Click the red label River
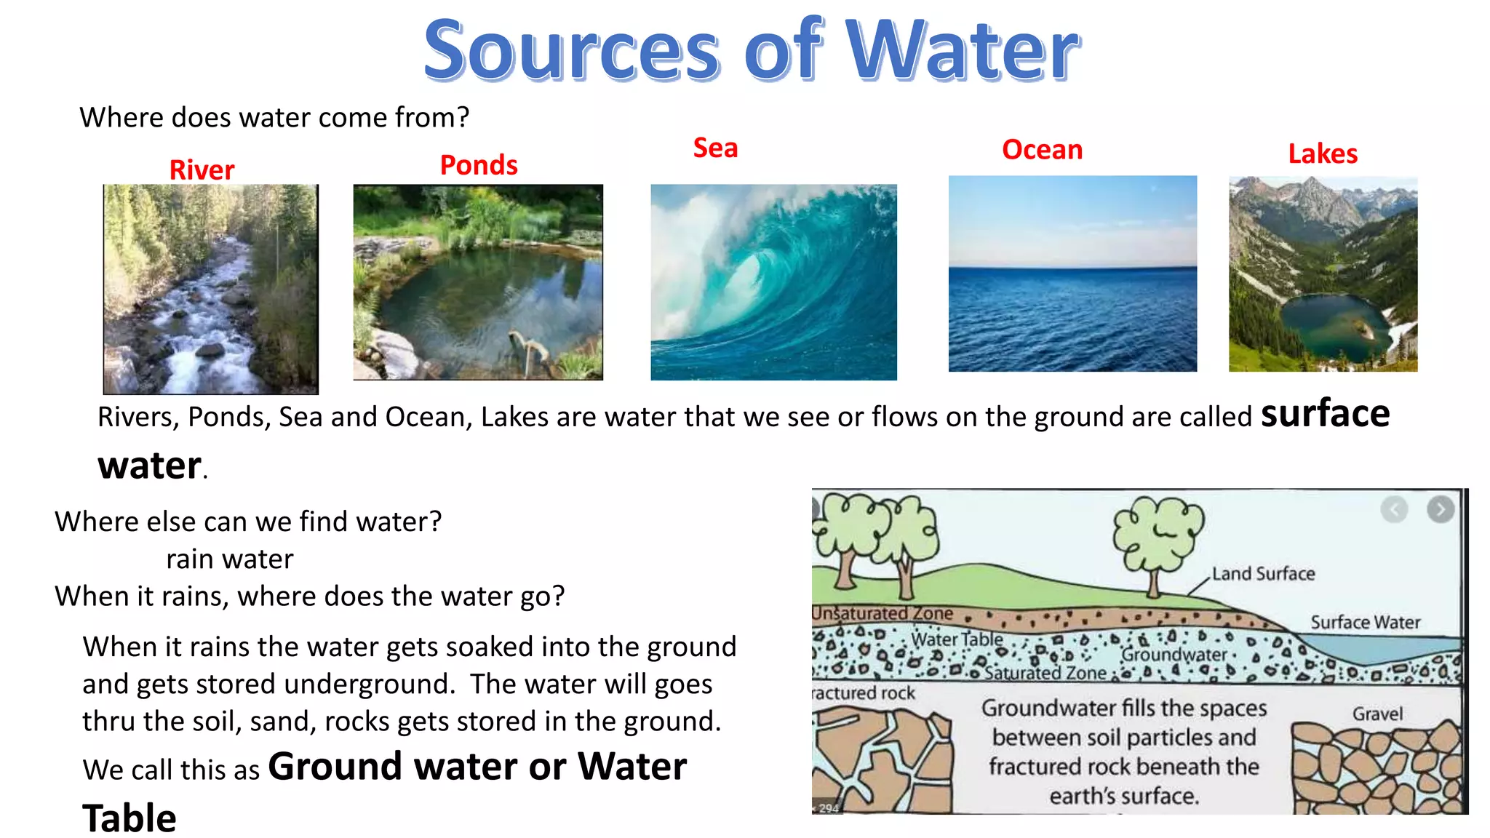pyautogui.click(x=202, y=170)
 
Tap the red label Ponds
pyautogui.click(x=479, y=166)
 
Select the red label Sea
pyautogui.click(x=715, y=148)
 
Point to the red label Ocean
pyautogui.click(x=1042, y=150)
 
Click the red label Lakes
pyautogui.click(x=1323, y=154)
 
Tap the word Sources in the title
pyautogui.click(x=572, y=51)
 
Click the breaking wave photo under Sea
pyautogui.click(x=773, y=282)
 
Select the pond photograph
pyautogui.click(x=478, y=282)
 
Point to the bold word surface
pyautogui.click(x=1325, y=413)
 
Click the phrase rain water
pyautogui.click(x=229, y=559)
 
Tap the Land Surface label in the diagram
pyautogui.click(x=1263, y=574)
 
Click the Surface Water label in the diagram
pyautogui.click(x=1365, y=623)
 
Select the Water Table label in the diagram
pyautogui.click(x=957, y=639)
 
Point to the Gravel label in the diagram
pyautogui.click(x=1377, y=714)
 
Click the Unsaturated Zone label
pyautogui.click(x=883, y=614)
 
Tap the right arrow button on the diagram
pyautogui.click(x=1440, y=510)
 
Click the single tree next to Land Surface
pyautogui.click(x=1158, y=538)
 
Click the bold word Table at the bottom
pyautogui.click(x=130, y=818)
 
